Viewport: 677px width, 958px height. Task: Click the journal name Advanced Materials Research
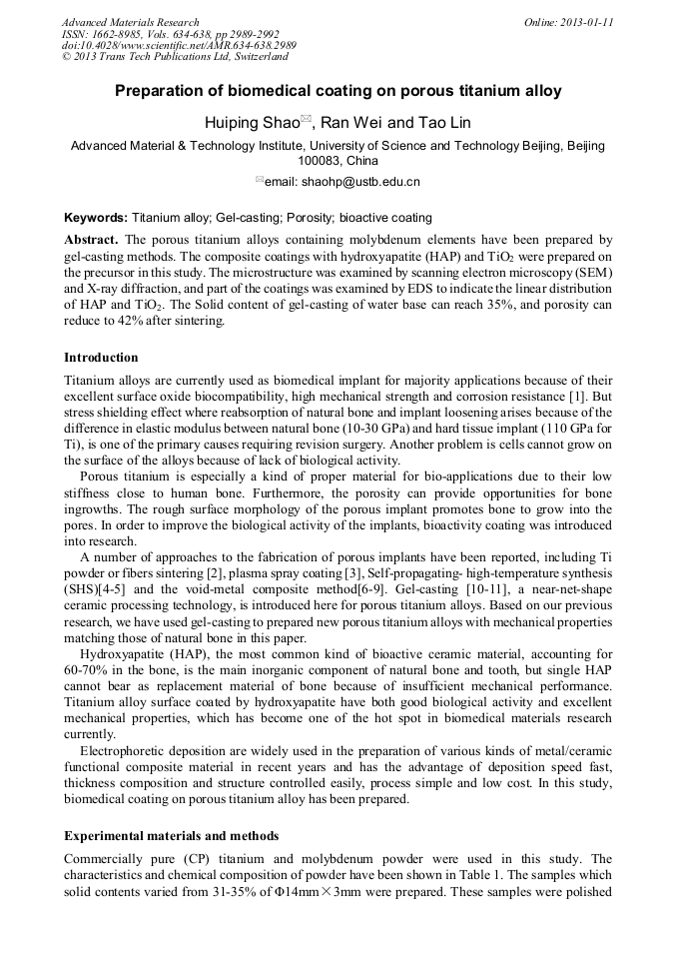click(x=130, y=22)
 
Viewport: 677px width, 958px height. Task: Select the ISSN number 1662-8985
click(x=123, y=34)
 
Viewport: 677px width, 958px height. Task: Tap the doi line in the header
click(x=179, y=46)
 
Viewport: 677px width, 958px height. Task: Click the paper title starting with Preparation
click(x=338, y=91)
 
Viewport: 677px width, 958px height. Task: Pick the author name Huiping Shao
click(x=251, y=123)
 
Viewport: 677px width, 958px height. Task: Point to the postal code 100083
click(x=321, y=160)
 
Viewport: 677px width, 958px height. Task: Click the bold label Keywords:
click(x=96, y=217)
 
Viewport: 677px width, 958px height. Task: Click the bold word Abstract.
click(x=91, y=240)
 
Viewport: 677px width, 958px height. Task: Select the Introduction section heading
click(x=101, y=358)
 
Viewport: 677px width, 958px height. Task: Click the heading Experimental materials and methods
click(x=171, y=835)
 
